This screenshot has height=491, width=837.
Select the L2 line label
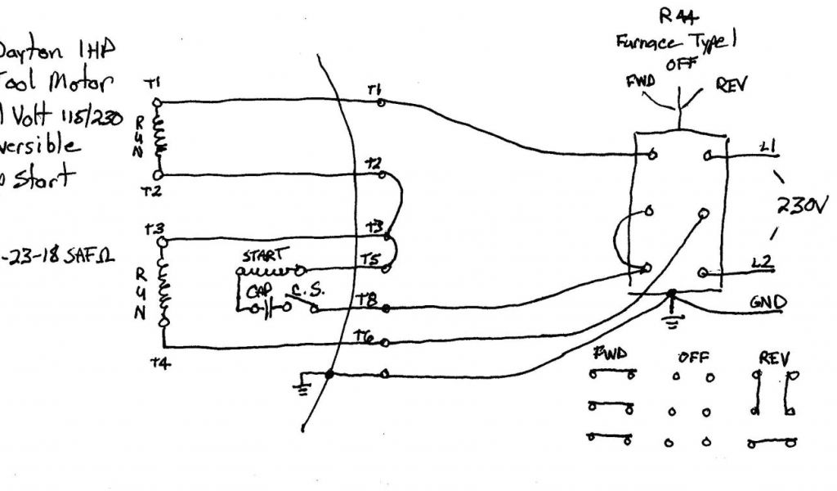[x=763, y=263]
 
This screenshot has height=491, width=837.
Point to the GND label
[x=768, y=302]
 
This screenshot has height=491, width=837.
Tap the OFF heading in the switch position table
[x=692, y=357]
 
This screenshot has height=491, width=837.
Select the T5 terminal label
[x=369, y=259]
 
